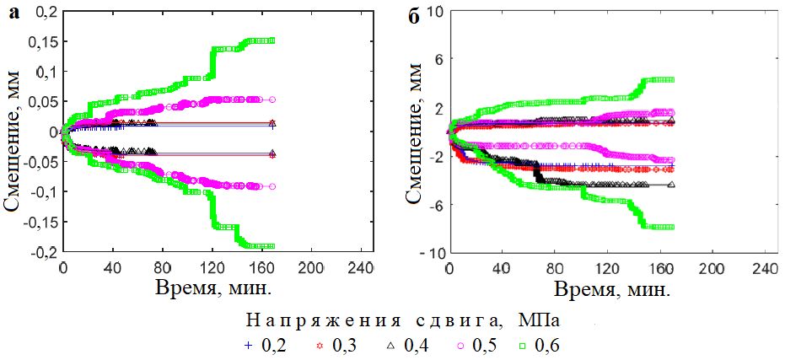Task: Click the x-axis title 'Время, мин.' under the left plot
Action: click(x=212, y=288)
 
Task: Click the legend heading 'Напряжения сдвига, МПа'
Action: click(x=403, y=321)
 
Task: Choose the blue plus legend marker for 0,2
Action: click(x=248, y=346)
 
